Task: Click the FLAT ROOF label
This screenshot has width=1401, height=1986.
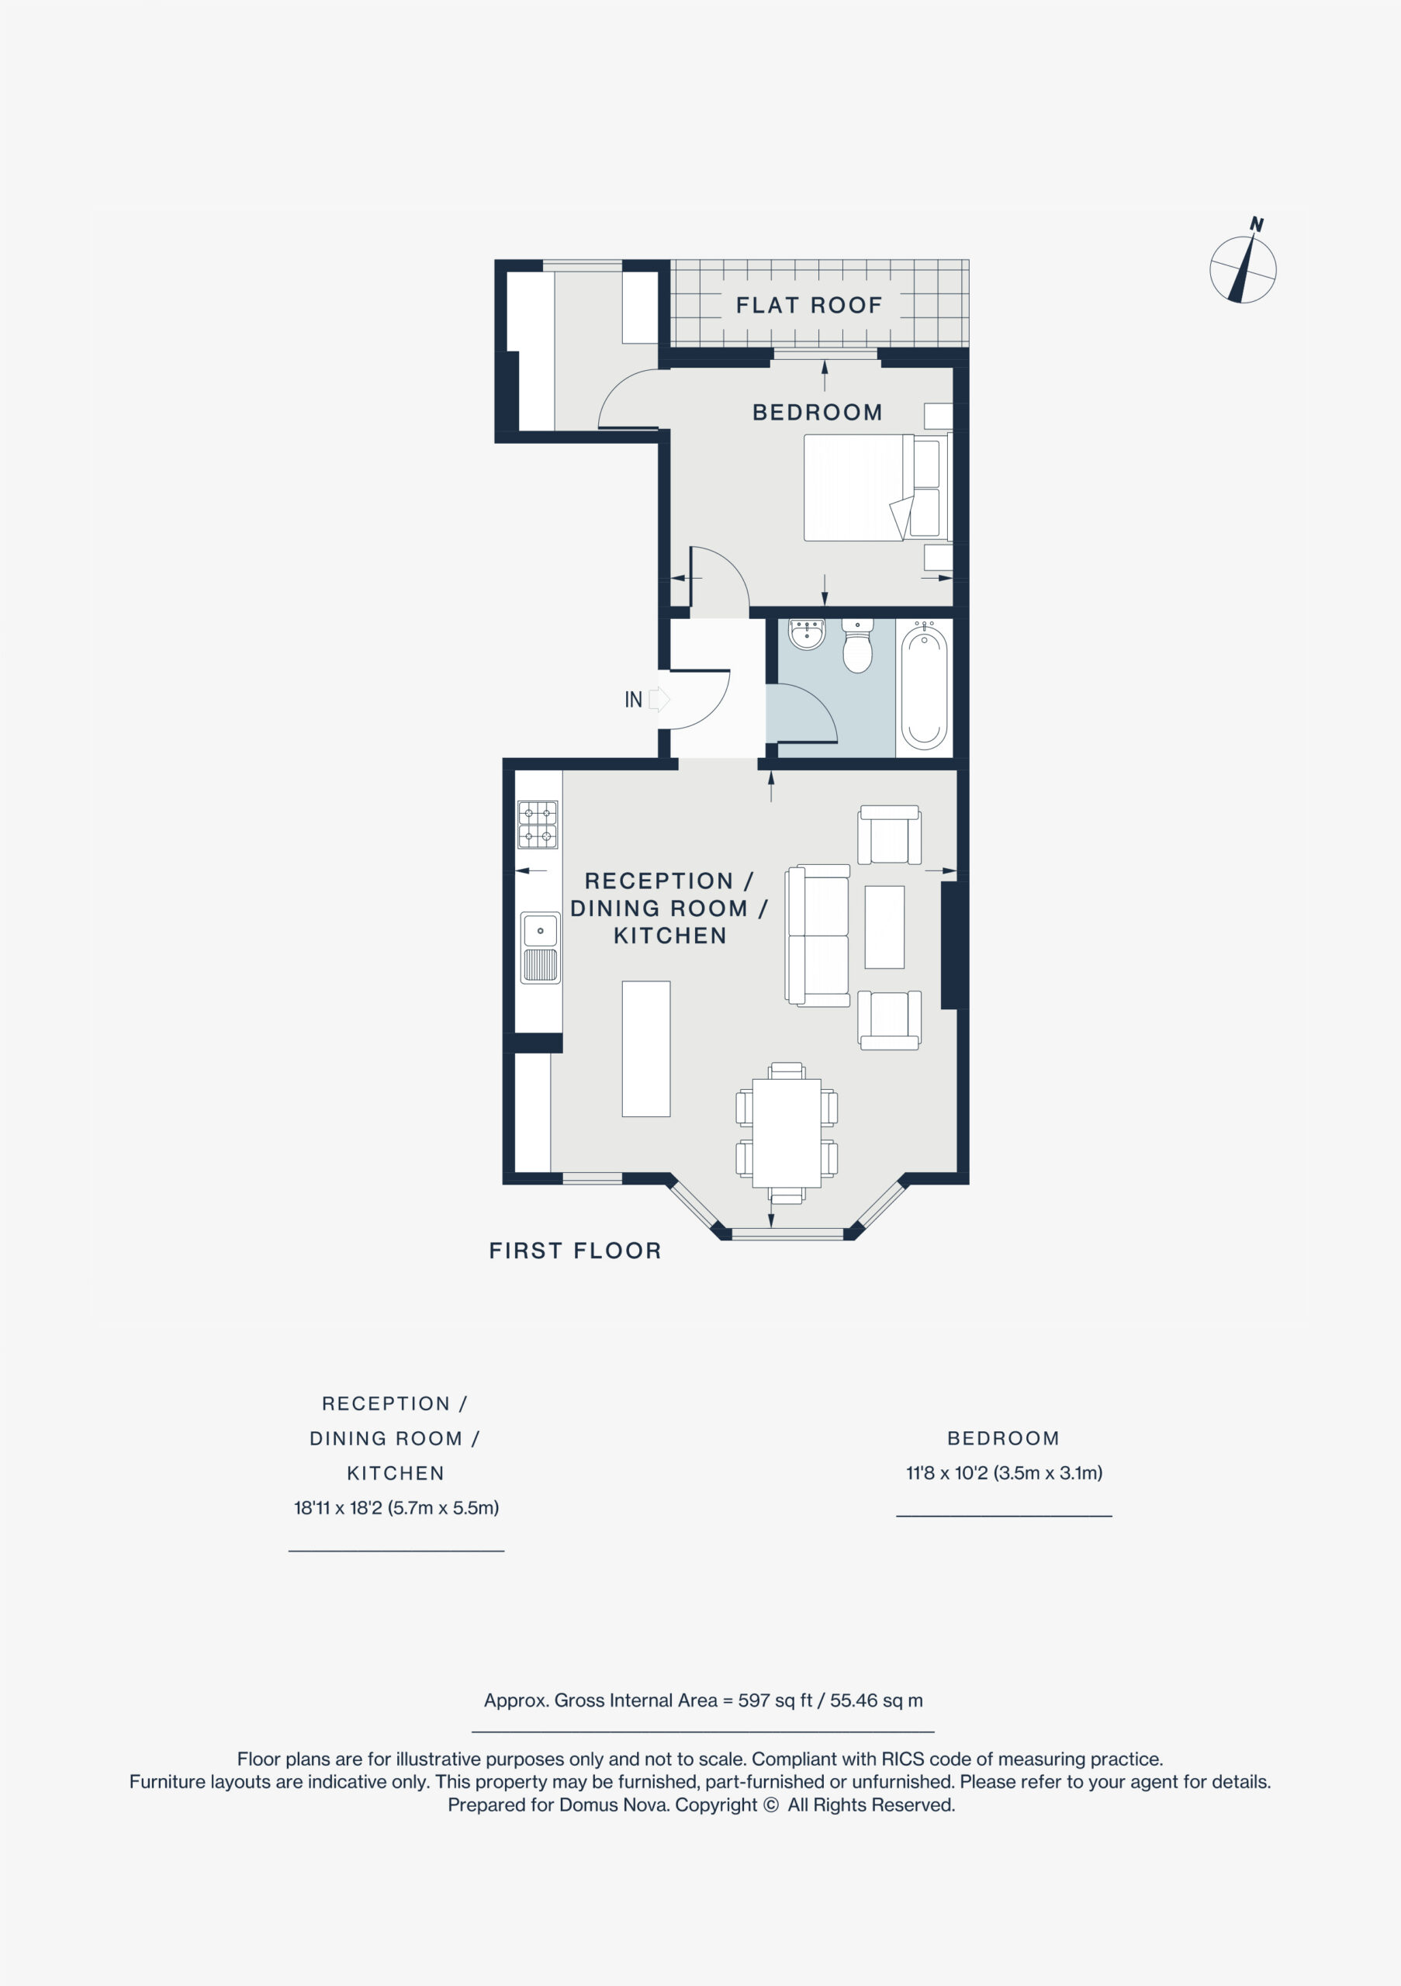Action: coord(808,306)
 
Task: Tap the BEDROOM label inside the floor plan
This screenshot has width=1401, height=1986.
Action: coord(818,413)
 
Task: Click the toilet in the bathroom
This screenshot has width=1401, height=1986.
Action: coord(857,646)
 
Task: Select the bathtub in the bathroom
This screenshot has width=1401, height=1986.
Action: coord(924,687)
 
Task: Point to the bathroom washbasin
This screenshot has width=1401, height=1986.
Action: coord(807,633)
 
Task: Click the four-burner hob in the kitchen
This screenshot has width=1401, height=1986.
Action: coord(538,825)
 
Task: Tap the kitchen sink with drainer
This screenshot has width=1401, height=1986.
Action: coord(541,948)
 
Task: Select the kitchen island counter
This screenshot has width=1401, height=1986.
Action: coord(646,1048)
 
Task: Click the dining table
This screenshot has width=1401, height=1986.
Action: coord(786,1133)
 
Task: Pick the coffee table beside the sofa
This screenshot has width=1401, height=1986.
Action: coord(884,926)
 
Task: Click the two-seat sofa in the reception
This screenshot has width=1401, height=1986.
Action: coord(818,935)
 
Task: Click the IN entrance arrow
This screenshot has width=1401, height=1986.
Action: coord(659,699)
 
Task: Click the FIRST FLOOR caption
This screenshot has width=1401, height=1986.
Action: coord(575,1251)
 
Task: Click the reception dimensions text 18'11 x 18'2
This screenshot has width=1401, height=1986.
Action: coord(338,1507)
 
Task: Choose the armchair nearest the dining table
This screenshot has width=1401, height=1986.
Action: coord(889,1021)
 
